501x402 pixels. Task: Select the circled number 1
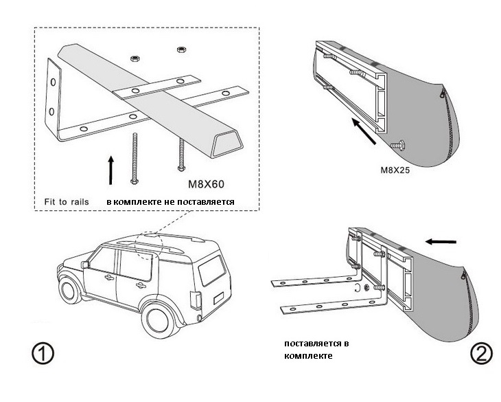43,355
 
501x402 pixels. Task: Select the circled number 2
480,354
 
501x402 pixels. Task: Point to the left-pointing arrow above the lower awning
440,241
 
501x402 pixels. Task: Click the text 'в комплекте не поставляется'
171,202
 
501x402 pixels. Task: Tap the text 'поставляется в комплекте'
309,348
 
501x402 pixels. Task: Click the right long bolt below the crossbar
181,154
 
